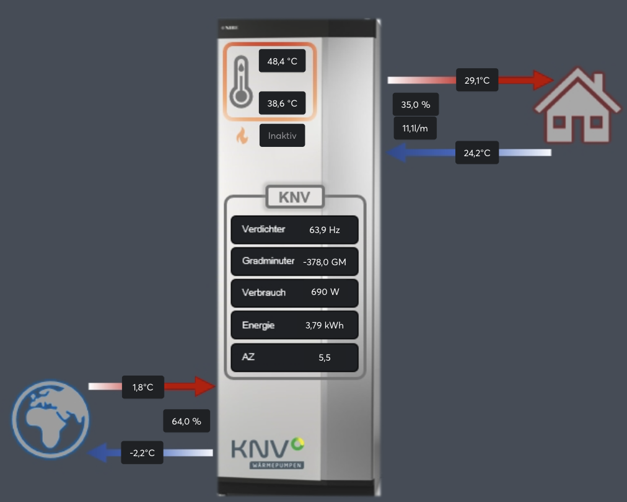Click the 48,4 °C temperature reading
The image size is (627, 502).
[282, 61]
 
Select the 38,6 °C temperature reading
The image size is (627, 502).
[282, 103]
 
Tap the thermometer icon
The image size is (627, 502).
[240, 81]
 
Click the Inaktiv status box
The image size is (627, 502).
[282, 135]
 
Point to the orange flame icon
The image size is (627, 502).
[242, 136]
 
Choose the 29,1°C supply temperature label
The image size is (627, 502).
[477, 80]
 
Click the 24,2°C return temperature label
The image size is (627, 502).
[477, 152]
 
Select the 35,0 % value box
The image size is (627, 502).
[415, 105]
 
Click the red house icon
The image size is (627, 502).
[577, 105]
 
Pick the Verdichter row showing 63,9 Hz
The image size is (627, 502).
[294, 229]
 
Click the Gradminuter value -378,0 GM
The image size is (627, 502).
[325, 262]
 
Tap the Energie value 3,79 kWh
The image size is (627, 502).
[324, 325]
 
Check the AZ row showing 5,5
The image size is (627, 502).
[294, 358]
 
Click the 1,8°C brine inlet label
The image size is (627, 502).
[142, 387]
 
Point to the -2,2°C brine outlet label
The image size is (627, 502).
[142, 452]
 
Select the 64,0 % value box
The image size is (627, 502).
[186, 421]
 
